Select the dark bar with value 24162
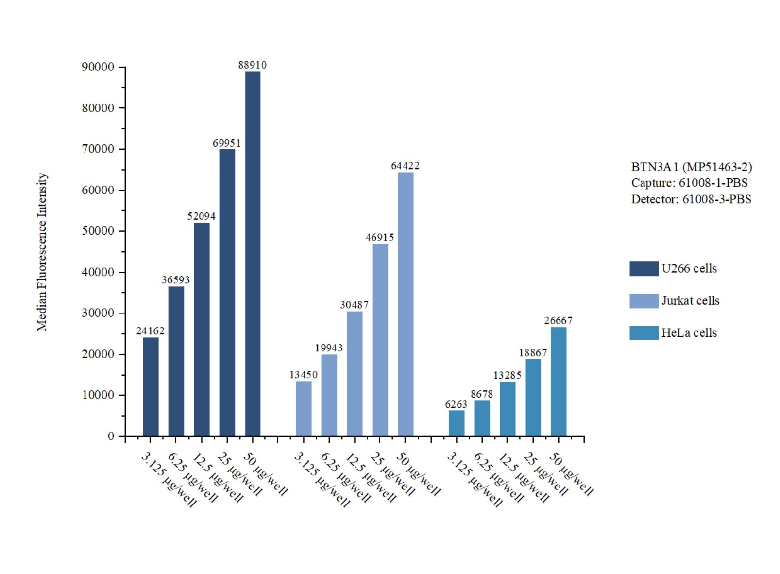(151, 386)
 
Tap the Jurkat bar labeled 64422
(406, 304)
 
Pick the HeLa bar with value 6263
(457, 423)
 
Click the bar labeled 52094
(202, 329)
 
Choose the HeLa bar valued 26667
(559, 382)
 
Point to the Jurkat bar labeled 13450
(304, 408)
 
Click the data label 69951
(227, 143)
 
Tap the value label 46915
(380, 238)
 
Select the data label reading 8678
(482, 394)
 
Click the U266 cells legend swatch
(644, 269)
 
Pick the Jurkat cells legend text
(690, 301)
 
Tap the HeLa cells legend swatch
(644, 333)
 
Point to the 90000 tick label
(98, 67)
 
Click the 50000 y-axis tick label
(98, 231)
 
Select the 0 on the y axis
(111, 436)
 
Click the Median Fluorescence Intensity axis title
(42, 252)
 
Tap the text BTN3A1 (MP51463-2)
(692, 167)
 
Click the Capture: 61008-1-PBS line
(689, 183)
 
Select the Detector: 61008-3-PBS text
(691, 199)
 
